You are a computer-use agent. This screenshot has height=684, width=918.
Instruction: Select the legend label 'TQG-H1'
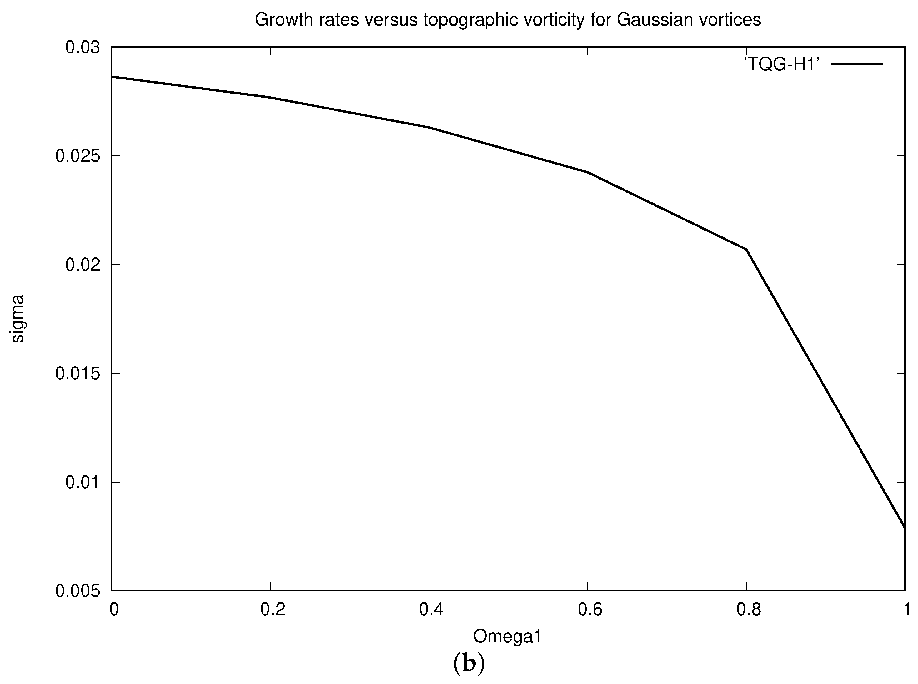[781, 65]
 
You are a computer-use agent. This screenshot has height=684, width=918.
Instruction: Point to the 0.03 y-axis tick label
[83, 47]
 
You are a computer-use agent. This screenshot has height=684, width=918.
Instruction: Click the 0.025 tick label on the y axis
[78, 156]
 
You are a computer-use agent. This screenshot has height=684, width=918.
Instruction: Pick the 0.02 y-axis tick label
[83, 265]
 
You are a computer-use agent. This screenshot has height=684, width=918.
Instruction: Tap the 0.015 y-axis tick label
[78, 373]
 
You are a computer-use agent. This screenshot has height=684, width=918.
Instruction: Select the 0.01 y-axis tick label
[83, 482]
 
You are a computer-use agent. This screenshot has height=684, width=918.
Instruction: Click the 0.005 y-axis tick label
[78, 591]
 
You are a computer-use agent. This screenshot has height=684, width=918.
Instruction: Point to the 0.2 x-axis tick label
[273, 610]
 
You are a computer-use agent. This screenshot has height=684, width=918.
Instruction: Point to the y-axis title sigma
[18, 318]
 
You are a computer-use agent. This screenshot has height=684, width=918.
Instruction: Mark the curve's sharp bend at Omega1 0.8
[746, 249]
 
